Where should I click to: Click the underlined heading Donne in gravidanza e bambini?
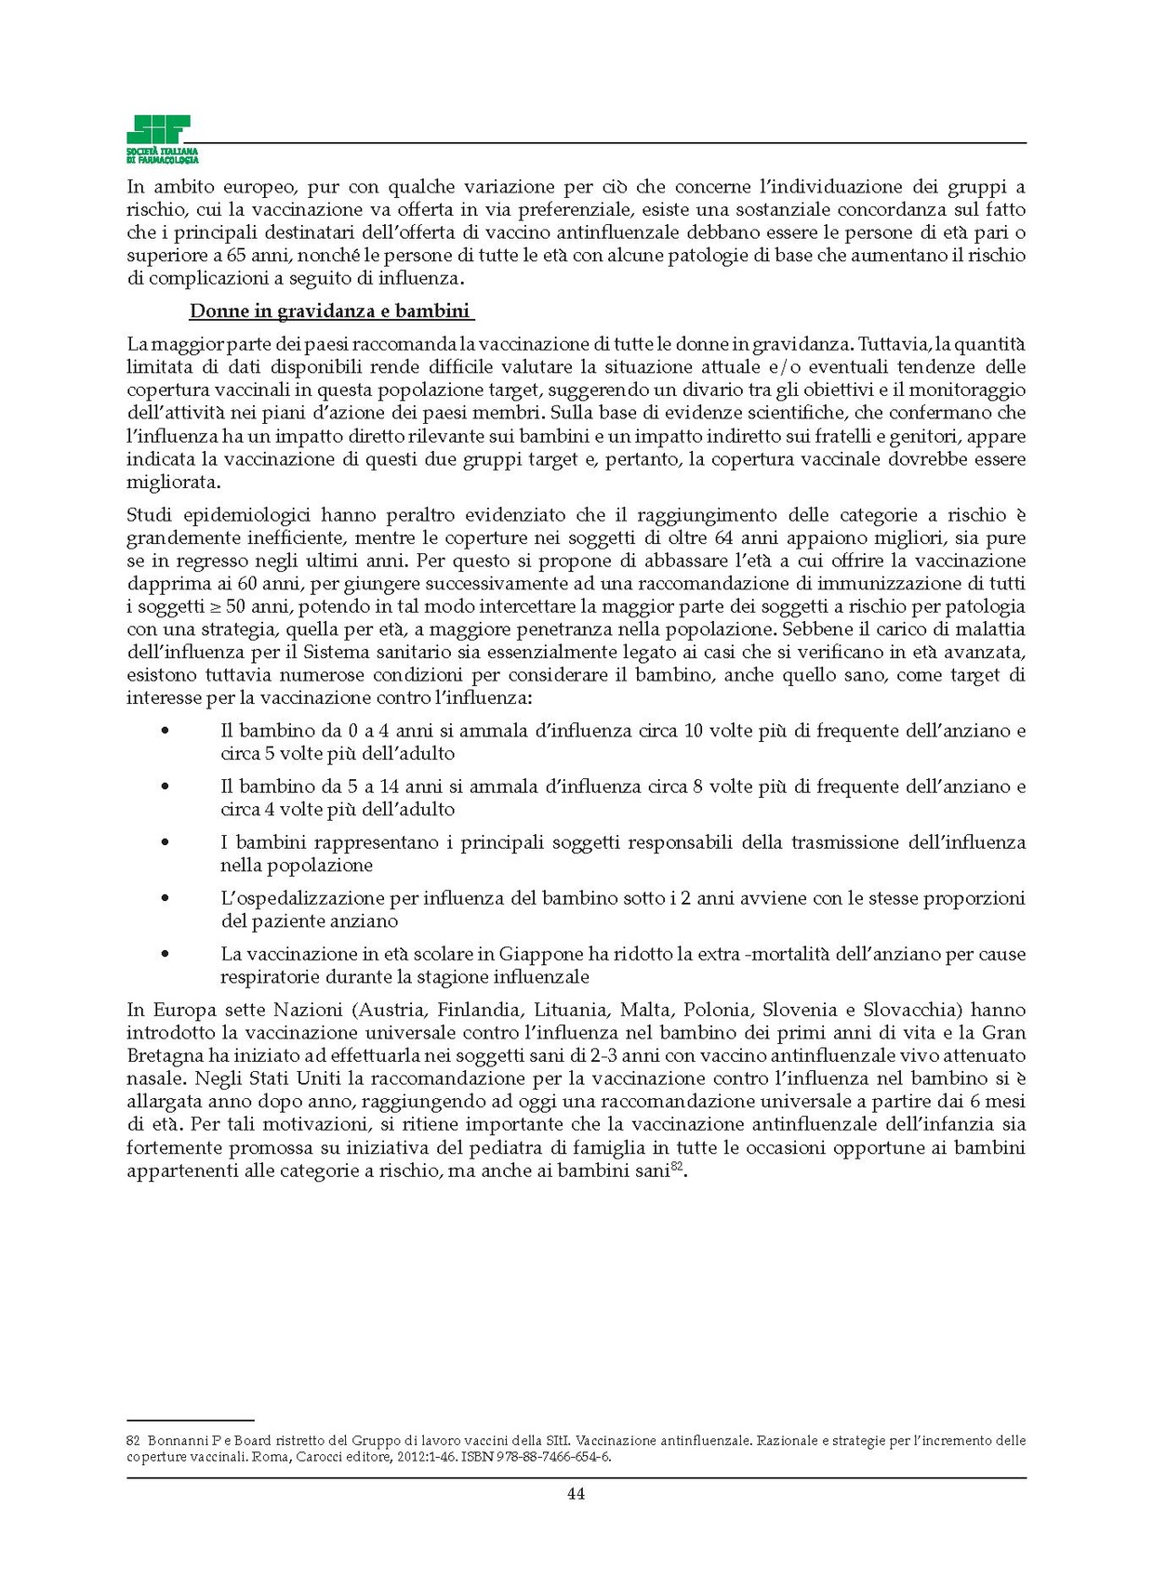tap(330, 311)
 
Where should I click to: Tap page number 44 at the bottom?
tap(576, 1494)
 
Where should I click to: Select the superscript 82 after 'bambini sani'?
tap(677, 1167)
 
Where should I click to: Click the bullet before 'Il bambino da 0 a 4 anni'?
tap(166, 732)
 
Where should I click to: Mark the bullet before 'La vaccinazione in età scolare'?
tap(166, 955)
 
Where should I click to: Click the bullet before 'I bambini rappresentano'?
tap(166, 843)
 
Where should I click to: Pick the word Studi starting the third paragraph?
tap(149, 515)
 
